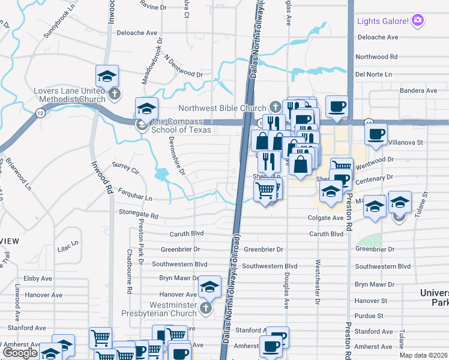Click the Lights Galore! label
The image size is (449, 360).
(x=383, y=21)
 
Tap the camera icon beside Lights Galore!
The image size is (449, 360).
(x=418, y=21)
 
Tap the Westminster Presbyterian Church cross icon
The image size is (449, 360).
(x=206, y=308)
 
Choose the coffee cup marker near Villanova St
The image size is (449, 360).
(x=376, y=134)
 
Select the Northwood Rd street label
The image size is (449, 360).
(x=376, y=56)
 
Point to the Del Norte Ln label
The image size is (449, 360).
(x=373, y=74)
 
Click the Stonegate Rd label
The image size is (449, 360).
(x=137, y=214)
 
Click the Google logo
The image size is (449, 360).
(x=20, y=353)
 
